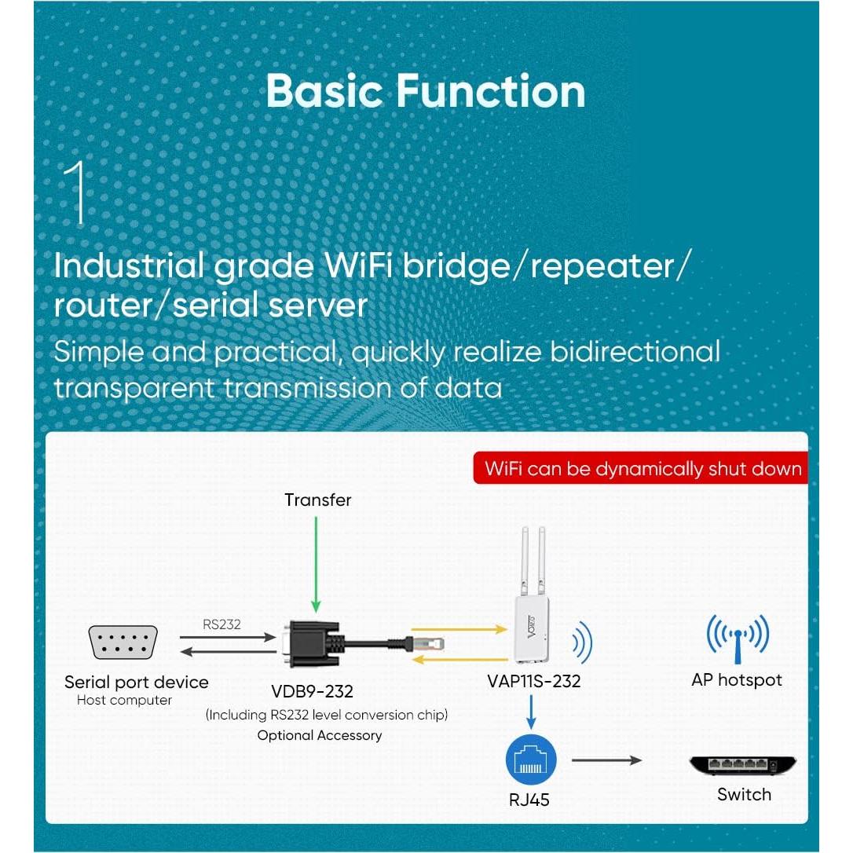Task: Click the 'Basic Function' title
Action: pyautogui.click(x=426, y=91)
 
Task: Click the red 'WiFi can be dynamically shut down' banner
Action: pyautogui.click(x=642, y=469)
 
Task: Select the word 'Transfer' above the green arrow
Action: pyautogui.click(x=317, y=500)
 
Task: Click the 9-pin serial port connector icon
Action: pyautogui.click(x=124, y=642)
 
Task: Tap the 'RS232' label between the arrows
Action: pyautogui.click(x=221, y=625)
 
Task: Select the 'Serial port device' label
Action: pyautogui.click(x=137, y=682)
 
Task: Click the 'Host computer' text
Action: pyautogui.click(x=124, y=701)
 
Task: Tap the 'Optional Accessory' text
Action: pyautogui.click(x=319, y=735)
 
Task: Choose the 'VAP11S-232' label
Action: pyautogui.click(x=533, y=681)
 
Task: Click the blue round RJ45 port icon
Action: pyautogui.click(x=531, y=760)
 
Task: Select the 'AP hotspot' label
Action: pyautogui.click(x=736, y=680)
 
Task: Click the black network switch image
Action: pyautogui.click(x=742, y=765)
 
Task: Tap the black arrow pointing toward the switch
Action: pyautogui.click(x=606, y=760)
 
